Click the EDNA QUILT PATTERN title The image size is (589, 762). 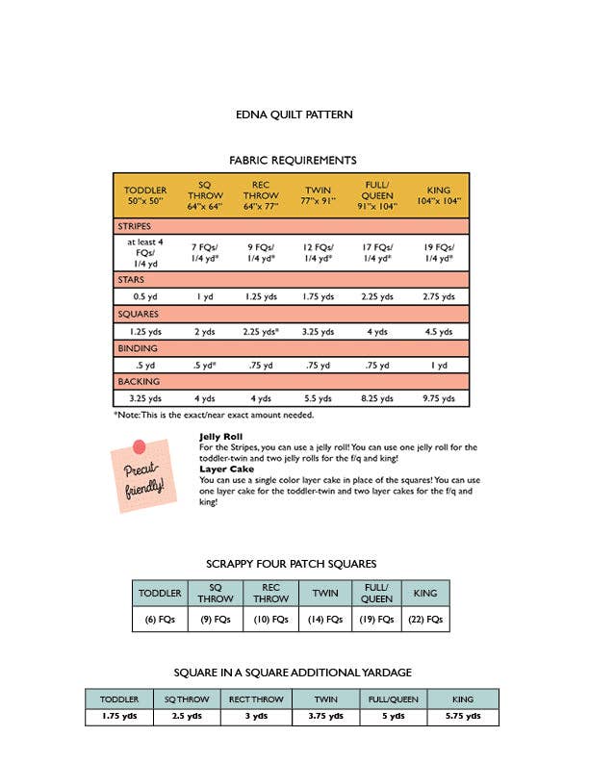pos(294,114)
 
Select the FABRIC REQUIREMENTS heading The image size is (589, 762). pos(293,161)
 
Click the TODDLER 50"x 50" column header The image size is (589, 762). pos(145,196)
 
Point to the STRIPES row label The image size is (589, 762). pos(135,226)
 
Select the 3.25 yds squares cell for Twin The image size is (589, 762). pos(318,331)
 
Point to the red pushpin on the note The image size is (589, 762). pos(139,446)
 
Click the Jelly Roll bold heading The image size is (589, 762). pos(220,437)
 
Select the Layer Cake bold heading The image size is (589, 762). pos(226,470)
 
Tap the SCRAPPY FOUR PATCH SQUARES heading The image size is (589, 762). pos(291,564)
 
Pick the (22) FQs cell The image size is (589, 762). pos(424,620)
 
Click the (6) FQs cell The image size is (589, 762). pos(159,620)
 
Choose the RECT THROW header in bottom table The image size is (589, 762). pos(255,699)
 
